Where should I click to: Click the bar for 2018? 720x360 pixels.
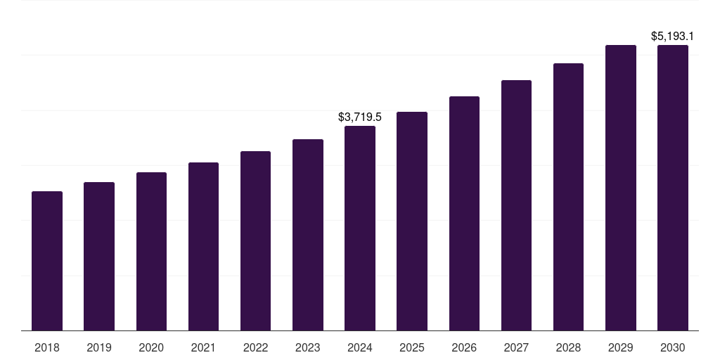47,261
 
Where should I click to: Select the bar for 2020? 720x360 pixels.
151,251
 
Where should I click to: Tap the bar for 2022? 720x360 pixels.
255,240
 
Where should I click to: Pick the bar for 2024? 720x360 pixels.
360,228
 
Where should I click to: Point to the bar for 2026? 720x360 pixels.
464,213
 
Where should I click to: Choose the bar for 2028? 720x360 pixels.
568,197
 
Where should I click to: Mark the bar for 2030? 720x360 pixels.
673,188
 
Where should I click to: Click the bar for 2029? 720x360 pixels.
621,188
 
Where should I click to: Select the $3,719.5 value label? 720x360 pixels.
360,117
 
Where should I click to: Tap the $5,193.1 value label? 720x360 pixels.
673,36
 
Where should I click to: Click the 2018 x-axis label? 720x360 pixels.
47,347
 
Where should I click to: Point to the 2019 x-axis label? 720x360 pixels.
99,347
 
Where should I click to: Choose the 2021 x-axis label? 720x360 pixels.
203,347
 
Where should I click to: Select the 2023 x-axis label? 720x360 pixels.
308,347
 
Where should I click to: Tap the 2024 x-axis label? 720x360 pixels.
360,347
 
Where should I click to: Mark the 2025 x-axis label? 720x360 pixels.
412,347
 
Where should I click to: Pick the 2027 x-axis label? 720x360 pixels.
516,347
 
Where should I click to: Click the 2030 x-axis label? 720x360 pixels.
673,347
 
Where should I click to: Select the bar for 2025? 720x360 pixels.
412,221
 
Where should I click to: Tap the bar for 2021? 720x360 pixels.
203,246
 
